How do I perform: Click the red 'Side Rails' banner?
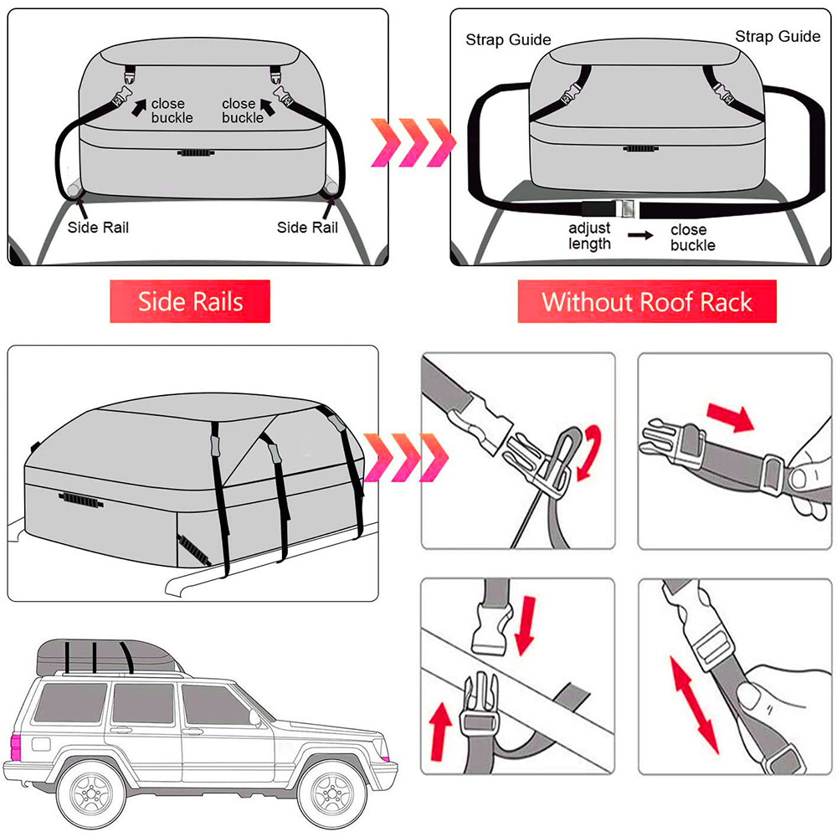[x=190, y=301]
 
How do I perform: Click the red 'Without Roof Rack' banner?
[x=646, y=301]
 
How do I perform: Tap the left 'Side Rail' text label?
[x=98, y=227]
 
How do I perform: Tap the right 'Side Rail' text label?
[x=307, y=227]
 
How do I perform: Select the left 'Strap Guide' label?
[x=508, y=39]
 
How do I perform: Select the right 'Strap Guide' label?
[x=778, y=36]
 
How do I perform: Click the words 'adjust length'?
[x=590, y=236]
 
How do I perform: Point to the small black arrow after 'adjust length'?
[x=641, y=237]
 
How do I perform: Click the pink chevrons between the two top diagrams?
[x=413, y=140]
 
